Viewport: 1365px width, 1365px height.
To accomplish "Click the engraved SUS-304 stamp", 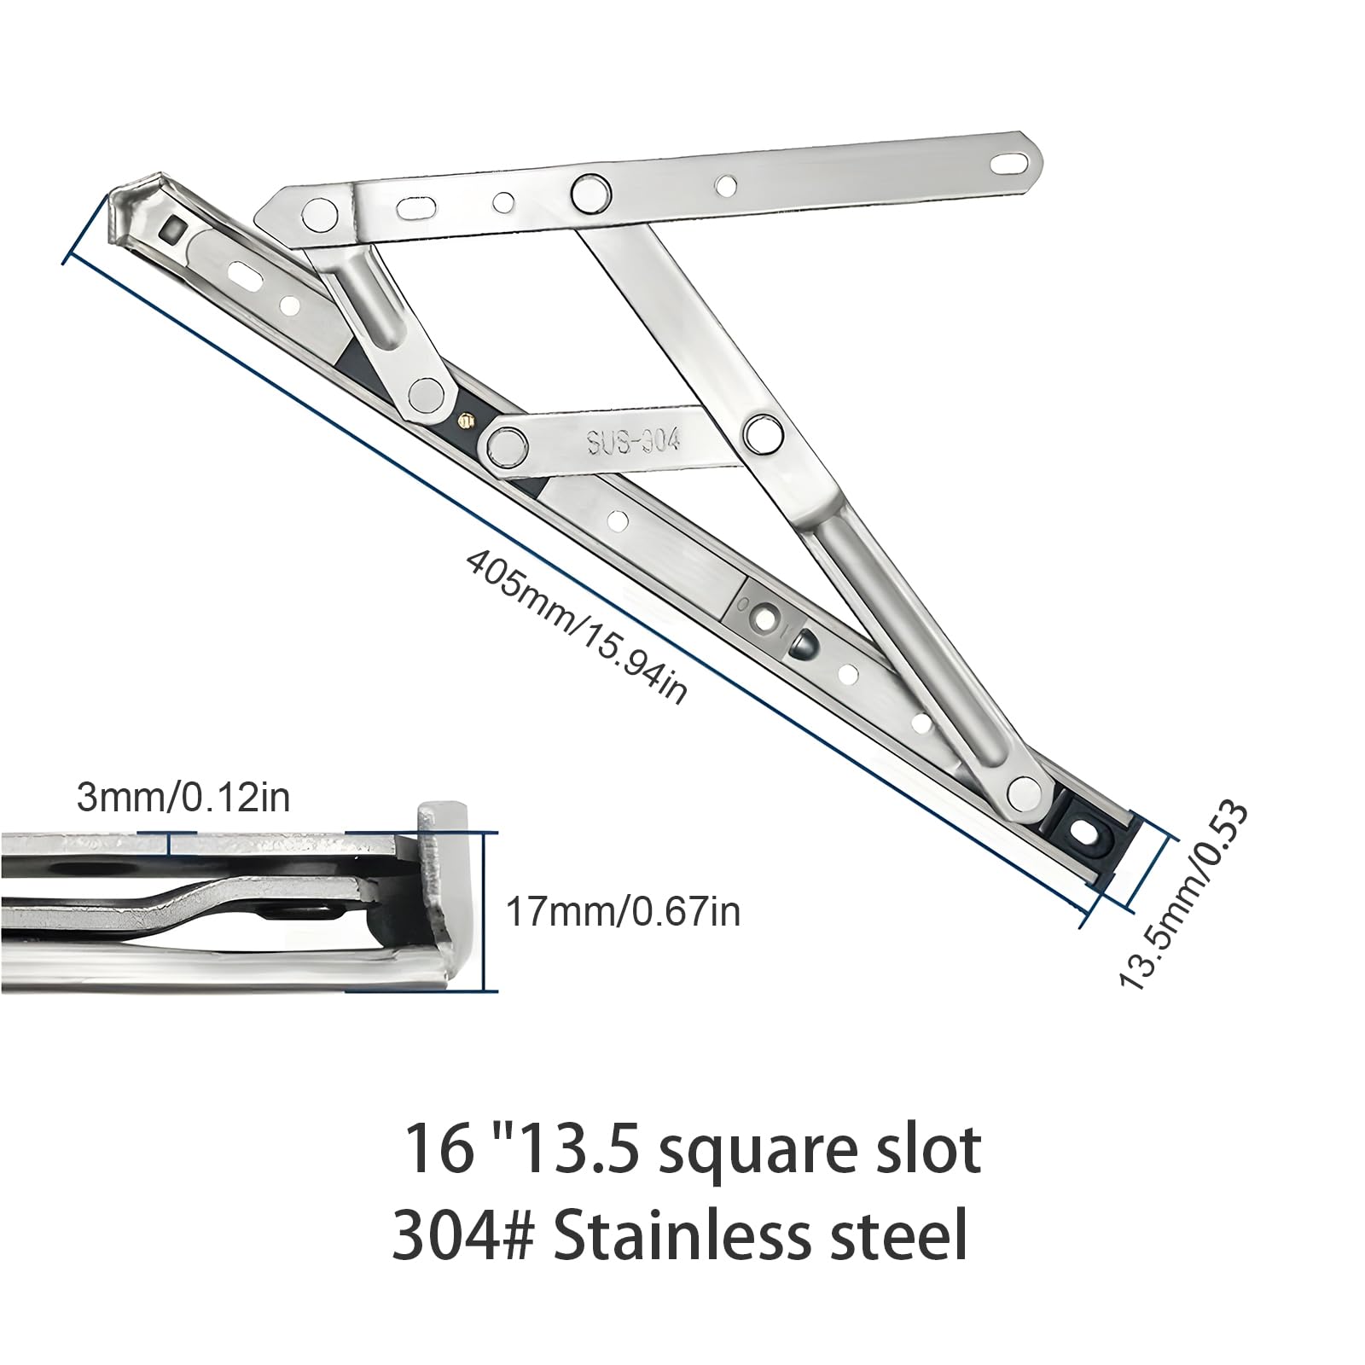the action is tap(633, 440).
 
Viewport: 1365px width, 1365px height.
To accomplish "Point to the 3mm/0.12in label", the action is tap(183, 797).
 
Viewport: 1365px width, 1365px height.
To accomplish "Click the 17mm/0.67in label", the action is tap(623, 913).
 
